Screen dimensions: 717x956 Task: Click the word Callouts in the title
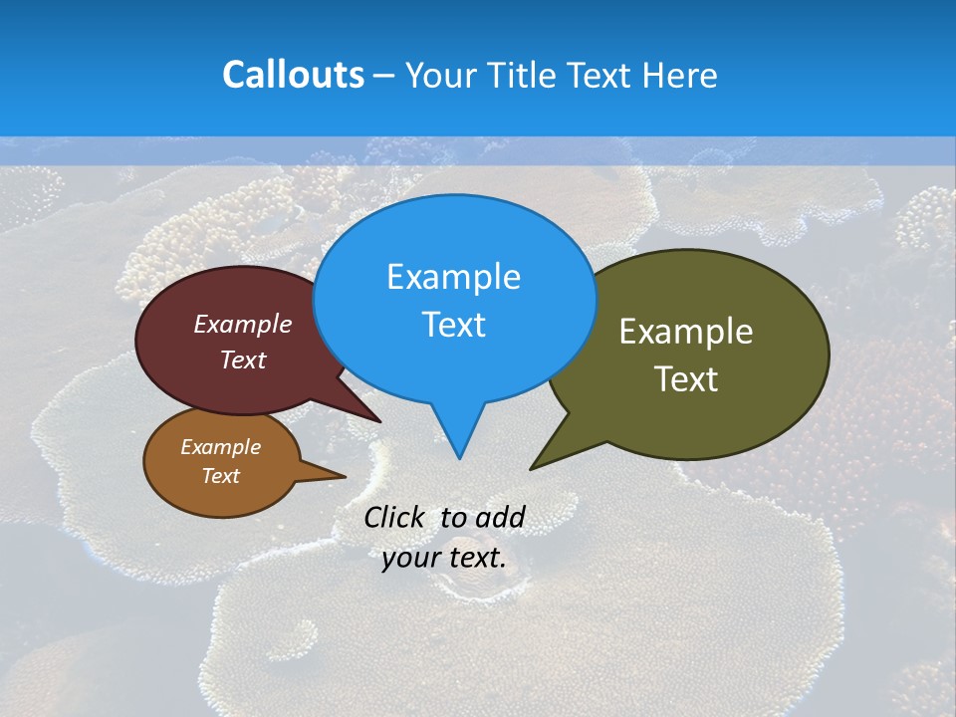click(293, 76)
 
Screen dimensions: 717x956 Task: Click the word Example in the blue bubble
click(453, 277)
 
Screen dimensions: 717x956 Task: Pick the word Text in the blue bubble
click(453, 325)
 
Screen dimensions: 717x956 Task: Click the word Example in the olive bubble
click(686, 332)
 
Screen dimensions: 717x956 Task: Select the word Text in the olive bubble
click(686, 379)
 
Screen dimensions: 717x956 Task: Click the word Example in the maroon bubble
click(243, 324)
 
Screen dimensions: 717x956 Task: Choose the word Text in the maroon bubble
click(243, 359)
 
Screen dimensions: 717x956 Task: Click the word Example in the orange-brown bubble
click(220, 447)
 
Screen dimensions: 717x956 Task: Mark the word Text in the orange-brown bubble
click(220, 476)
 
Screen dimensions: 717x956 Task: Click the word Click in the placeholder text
click(394, 518)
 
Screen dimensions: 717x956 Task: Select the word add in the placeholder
click(499, 518)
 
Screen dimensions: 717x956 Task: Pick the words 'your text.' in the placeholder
click(444, 558)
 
